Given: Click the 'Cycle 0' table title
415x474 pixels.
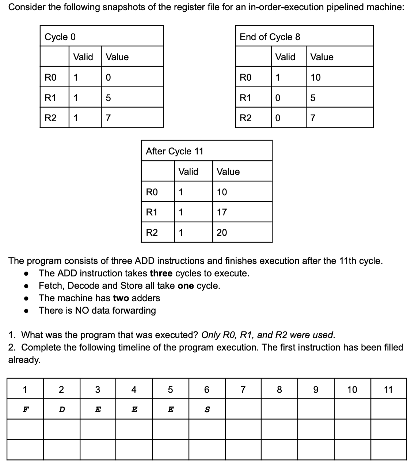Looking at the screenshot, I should click(x=60, y=37).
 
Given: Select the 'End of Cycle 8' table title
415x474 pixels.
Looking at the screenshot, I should click(x=270, y=37).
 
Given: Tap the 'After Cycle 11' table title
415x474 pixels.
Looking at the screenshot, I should click(x=174, y=151).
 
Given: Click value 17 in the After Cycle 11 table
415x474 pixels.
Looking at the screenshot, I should click(x=222, y=212).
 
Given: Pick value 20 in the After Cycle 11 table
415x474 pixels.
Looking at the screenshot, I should click(x=222, y=233).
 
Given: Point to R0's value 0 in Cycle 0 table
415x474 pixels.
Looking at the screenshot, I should click(x=108, y=77).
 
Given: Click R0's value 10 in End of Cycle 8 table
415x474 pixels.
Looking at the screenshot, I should click(x=315, y=77).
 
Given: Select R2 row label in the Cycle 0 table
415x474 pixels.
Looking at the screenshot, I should click(x=50, y=118).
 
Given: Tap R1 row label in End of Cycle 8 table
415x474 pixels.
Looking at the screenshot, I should click(x=245, y=98).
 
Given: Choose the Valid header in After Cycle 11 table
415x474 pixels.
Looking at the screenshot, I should click(x=188, y=172).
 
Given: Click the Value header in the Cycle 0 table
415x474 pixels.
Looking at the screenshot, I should click(x=117, y=57).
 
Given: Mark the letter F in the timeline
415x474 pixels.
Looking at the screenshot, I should click(x=25, y=410).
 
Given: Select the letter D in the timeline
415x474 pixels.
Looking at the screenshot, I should click(x=61, y=410).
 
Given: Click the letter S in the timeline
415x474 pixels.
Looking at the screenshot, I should click(x=206, y=410).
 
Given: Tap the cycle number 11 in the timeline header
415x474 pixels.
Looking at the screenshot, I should click(x=388, y=390).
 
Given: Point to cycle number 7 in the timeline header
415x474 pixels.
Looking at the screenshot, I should click(x=243, y=390).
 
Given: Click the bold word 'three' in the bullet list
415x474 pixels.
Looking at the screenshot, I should click(x=161, y=274).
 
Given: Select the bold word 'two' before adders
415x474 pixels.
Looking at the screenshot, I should click(x=121, y=298).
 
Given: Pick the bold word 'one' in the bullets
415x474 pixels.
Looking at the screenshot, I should click(x=186, y=286).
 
